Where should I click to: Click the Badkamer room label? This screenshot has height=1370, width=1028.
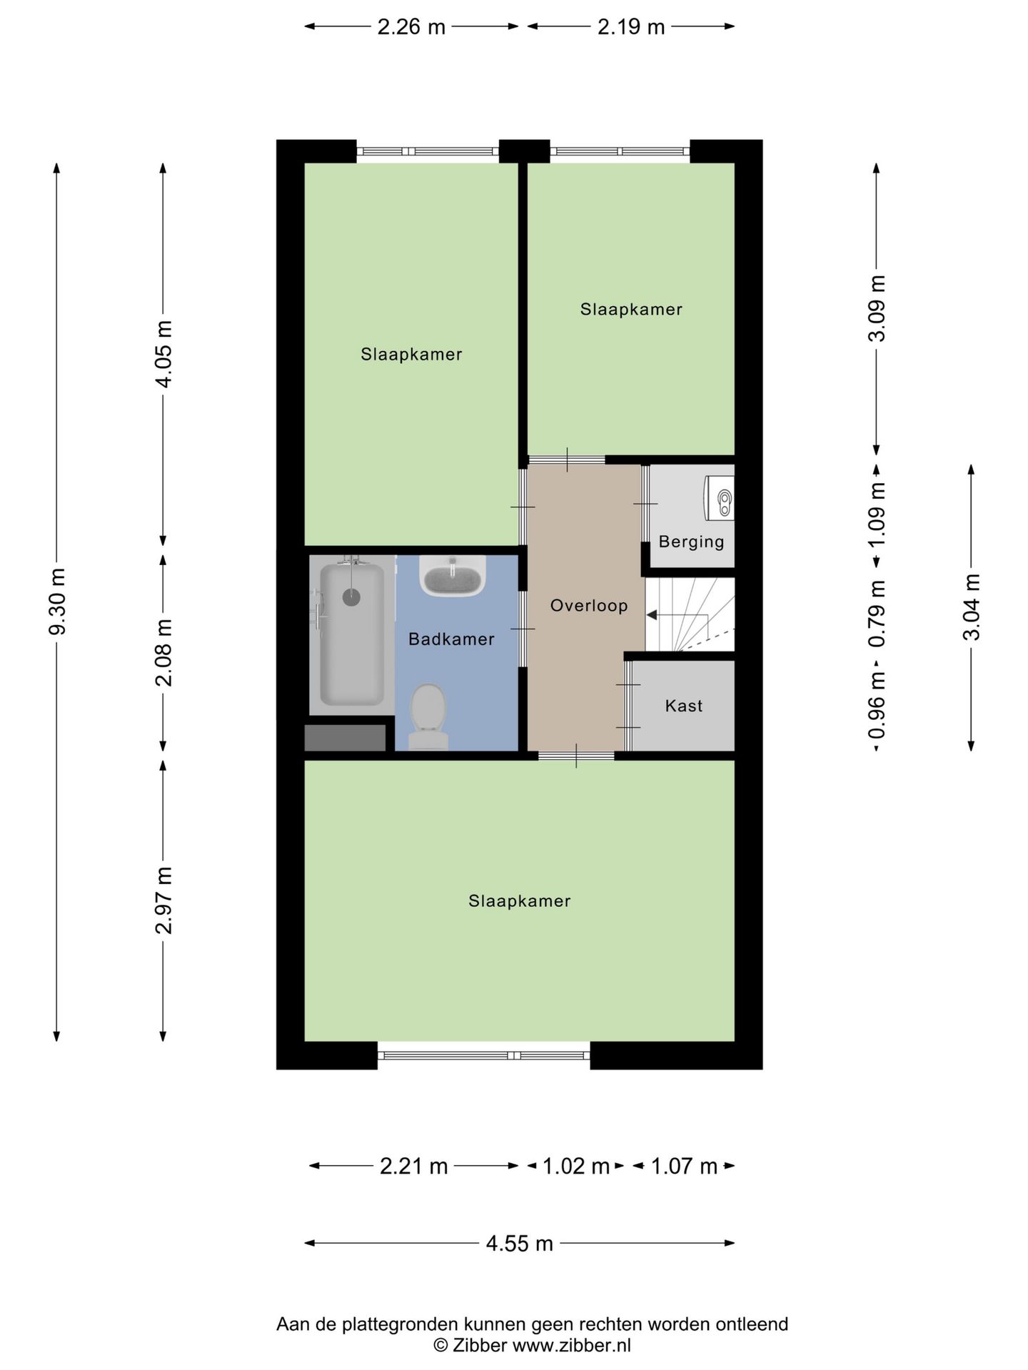tap(451, 639)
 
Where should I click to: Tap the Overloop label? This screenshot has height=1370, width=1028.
tap(589, 606)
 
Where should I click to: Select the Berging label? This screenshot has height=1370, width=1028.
tap(691, 542)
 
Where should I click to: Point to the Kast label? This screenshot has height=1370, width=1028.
tap(684, 706)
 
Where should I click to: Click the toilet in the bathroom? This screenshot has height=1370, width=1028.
tap(428, 716)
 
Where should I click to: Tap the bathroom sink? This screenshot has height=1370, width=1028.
tap(453, 576)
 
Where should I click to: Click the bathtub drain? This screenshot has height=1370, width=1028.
tap(351, 597)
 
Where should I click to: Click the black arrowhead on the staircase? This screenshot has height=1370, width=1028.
tap(651, 615)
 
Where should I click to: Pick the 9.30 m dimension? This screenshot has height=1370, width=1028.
tap(57, 602)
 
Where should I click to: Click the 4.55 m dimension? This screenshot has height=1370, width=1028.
tap(520, 1244)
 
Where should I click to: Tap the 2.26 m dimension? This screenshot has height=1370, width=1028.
tap(411, 27)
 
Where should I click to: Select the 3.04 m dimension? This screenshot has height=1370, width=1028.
tap(971, 607)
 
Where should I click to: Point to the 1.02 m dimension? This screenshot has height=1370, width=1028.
tap(576, 1167)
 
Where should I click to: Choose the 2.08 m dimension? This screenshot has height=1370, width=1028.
tap(163, 653)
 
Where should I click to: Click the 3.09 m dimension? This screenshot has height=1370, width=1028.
tap(877, 308)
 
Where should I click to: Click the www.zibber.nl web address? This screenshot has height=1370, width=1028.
tap(571, 1346)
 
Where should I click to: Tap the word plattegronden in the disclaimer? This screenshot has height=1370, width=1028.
tap(400, 1325)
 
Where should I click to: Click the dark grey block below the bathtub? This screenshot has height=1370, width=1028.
tap(346, 738)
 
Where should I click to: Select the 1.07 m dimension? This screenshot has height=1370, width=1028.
tap(684, 1167)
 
